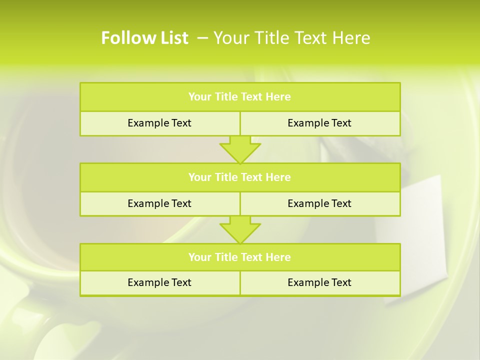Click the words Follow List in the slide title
pyautogui.click(x=144, y=38)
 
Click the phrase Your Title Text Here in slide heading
pyautogui.click(x=291, y=38)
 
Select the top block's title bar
pyautogui.click(x=239, y=97)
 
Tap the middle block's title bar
pyautogui.click(x=239, y=177)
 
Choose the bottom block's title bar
pyautogui.click(x=239, y=257)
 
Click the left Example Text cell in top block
pyautogui.click(x=159, y=123)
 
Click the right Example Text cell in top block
pyautogui.click(x=319, y=123)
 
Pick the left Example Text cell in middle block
pyautogui.click(x=159, y=203)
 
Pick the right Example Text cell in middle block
pyautogui.click(x=319, y=203)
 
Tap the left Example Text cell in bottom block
pyautogui.click(x=159, y=282)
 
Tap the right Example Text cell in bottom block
pyautogui.click(x=319, y=282)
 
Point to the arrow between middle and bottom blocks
pyautogui.click(x=240, y=229)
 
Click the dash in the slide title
pyautogui.click(x=202, y=38)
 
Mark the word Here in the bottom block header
pyautogui.click(x=278, y=257)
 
